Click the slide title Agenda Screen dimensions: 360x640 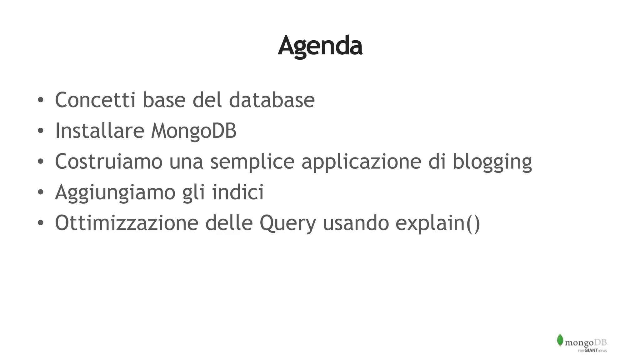320,46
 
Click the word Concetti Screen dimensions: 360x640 95,100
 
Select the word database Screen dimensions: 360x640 272,100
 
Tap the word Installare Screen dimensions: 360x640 99,131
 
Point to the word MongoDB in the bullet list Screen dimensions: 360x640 194,131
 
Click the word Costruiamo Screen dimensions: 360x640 109,161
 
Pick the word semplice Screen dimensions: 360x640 252,162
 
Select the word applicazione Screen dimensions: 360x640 361,162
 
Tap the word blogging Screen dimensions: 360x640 492,162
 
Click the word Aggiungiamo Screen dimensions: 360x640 115,192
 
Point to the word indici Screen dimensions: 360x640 238,192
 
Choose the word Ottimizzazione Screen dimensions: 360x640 127,222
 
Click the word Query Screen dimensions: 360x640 287,223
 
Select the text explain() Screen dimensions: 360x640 437,223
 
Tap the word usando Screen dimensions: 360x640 356,222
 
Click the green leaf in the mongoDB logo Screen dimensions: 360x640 560,340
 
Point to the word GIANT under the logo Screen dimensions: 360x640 591,351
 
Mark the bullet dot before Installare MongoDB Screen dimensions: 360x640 40,131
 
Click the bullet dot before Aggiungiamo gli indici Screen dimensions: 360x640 40,192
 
